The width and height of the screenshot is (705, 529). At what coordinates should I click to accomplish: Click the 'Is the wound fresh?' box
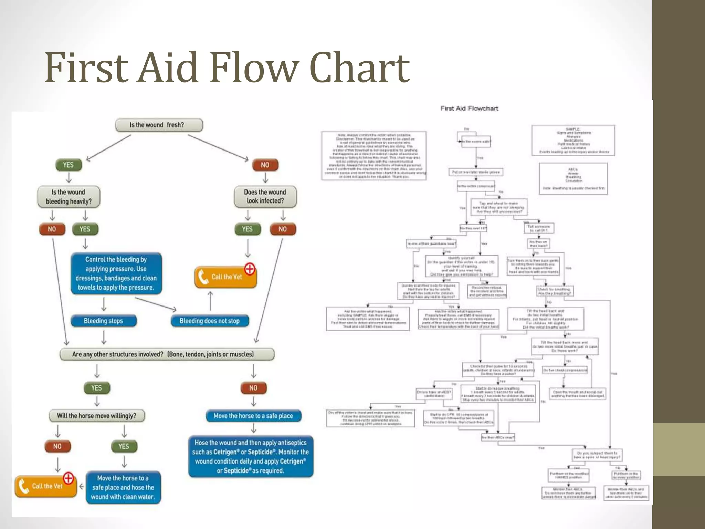click(x=159, y=125)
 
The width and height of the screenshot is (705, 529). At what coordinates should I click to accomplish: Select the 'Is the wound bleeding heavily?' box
click(x=69, y=197)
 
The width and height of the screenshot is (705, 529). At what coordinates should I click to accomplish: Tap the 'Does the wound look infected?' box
click(x=265, y=197)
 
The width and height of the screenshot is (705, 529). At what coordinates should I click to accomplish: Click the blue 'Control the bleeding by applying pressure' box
click(x=116, y=273)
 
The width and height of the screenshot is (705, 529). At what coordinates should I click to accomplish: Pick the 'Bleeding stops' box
click(x=103, y=321)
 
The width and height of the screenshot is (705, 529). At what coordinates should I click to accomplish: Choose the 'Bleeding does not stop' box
click(x=210, y=321)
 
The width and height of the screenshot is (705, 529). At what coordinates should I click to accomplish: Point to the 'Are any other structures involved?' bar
click(x=167, y=354)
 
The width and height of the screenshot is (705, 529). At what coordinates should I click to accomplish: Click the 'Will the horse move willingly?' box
click(x=96, y=416)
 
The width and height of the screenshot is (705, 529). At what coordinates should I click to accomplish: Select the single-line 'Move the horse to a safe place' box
click(x=253, y=416)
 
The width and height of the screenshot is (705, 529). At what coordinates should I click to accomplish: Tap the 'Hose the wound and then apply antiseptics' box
click(x=251, y=457)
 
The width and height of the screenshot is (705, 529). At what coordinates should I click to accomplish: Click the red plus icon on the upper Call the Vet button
click(x=250, y=269)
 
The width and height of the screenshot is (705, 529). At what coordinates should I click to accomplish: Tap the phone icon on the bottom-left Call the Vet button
click(x=23, y=486)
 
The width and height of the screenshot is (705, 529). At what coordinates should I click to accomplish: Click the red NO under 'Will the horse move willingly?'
click(x=57, y=446)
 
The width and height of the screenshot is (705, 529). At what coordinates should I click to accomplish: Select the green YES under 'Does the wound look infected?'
click(x=247, y=229)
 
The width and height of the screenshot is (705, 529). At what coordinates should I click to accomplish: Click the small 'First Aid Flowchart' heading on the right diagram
click(x=469, y=108)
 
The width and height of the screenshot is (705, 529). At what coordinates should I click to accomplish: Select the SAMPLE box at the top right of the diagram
click(x=573, y=140)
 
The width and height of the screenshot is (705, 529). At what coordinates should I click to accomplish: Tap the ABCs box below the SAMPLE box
click(x=573, y=179)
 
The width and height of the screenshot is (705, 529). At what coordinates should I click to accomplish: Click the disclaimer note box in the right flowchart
click(x=374, y=156)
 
